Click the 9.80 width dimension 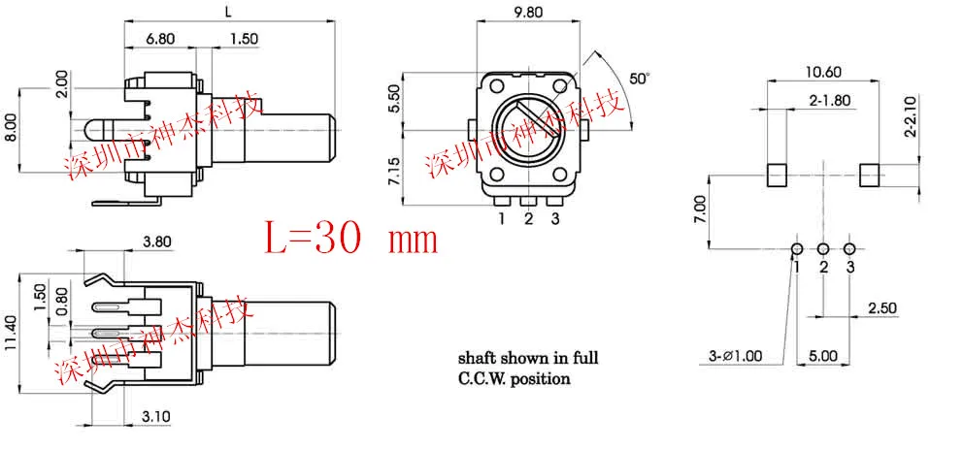(x=527, y=13)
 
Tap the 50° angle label (x=640, y=79)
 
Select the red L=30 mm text (x=351, y=239)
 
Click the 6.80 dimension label (x=159, y=38)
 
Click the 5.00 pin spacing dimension (x=823, y=356)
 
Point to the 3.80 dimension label (x=157, y=241)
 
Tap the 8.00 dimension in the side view (x=11, y=130)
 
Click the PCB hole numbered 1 (x=797, y=248)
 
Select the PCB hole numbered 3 (x=849, y=248)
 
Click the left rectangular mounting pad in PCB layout (x=777, y=176)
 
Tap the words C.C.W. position (x=515, y=378)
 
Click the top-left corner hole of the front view (x=497, y=85)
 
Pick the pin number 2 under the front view (x=528, y=218)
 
